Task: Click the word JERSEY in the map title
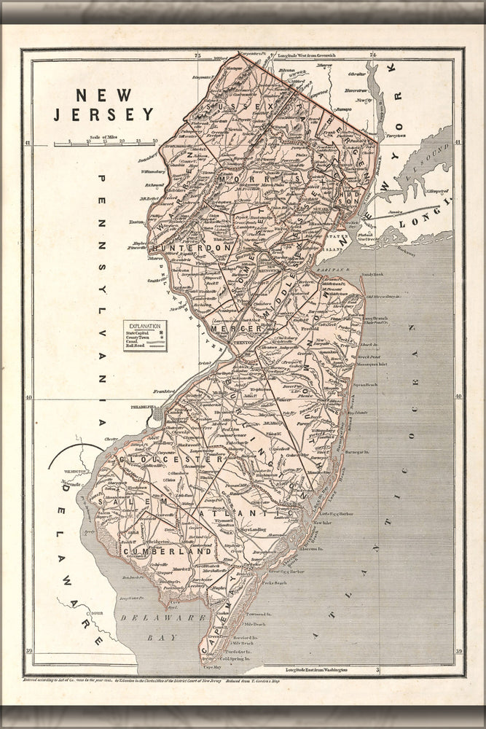point(103,114)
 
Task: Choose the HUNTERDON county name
point(197,248)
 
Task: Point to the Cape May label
point(211,666)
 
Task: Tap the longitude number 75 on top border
point(197,56)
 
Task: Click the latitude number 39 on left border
point(28,651)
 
